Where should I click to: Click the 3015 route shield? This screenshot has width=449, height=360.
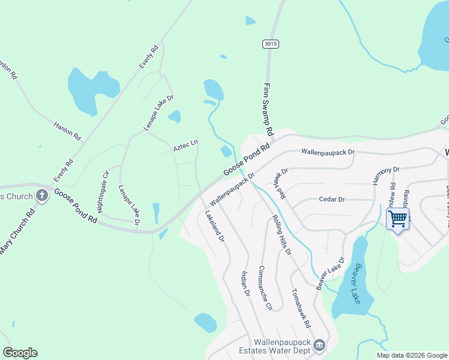coord(271,44)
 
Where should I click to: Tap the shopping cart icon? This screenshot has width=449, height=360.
coord(397,218)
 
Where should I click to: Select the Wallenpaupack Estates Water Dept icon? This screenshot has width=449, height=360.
coord(319,344)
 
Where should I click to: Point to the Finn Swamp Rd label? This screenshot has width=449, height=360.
coord(268,109)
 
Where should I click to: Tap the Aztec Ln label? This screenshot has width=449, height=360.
coord(186,145)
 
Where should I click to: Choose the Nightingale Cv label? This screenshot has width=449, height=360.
coord(103,191)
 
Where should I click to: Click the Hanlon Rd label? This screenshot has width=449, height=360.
coord(67,131)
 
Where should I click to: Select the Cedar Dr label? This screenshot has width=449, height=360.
coord(332,199)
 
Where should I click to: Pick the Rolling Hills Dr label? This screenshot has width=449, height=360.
coord(282,235)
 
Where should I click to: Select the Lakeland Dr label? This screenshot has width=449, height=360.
coord(214,226)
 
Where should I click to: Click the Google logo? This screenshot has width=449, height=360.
coord(20,353)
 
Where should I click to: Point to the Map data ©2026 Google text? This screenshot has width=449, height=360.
coord(412,355)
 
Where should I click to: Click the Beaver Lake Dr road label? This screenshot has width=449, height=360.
coord(331,271)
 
